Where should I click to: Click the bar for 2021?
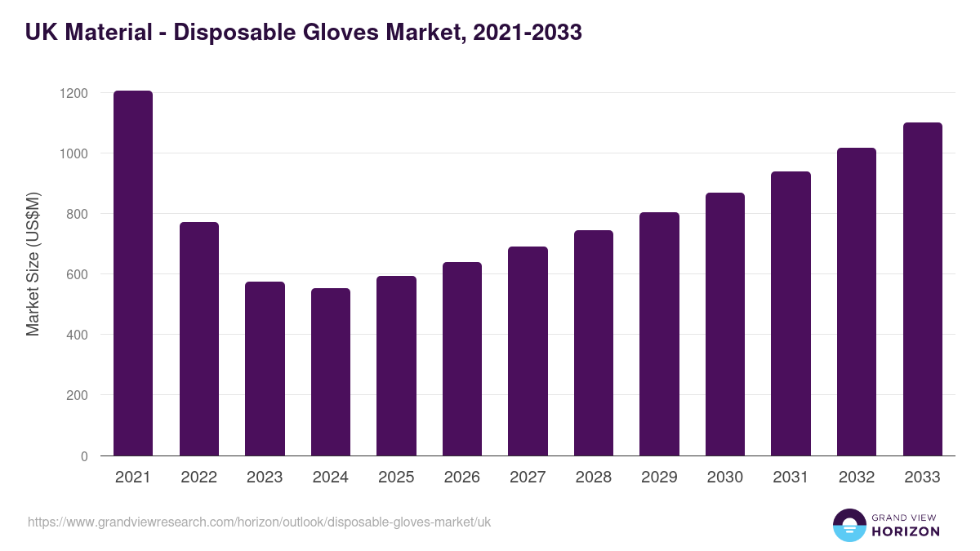tap(133, 273)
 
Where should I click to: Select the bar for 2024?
tap(330, 372)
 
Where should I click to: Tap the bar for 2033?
tap(922, 290)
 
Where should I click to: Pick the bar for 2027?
tap(528, 351)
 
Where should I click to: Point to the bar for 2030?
tap(725, 325)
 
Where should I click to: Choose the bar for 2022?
tap(198, 339)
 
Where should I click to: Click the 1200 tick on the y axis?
tap(73, 93)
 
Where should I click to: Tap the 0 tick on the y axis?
tap(84, 456)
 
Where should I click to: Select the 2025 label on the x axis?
tap(396, 478)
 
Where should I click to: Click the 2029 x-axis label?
tap(659, 478)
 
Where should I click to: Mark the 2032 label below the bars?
tap(857, 478)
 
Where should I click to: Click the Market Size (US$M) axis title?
tap(33, 263)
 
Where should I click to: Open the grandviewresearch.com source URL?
tap(259, 522)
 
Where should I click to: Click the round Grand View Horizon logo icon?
tap(849, 525)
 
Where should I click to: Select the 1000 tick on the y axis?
tap(73, 153)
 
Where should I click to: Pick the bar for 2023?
tap(265, 369)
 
